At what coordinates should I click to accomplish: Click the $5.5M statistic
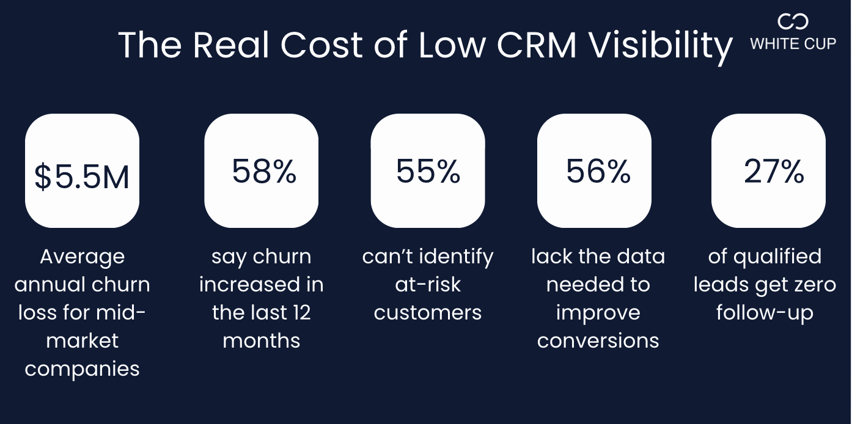(x=82, y=177)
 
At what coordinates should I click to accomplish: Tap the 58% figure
(x=264, y=171)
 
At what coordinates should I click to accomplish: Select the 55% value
(x=428, y=171)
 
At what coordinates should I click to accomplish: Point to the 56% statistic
(x=598, y=171)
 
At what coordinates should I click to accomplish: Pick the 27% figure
(x=774, y=172)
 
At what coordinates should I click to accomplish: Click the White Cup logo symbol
(x=793, y=22)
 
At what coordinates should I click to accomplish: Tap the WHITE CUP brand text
(x=793, y=44)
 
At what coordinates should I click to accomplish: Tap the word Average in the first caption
(x=82, y=257)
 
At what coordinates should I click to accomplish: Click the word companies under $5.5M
(x=82, y=369)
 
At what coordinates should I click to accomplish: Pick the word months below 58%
(x=262, y=341)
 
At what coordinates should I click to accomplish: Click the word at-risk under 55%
(x=428, y=285)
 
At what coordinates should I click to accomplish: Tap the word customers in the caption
(x=428, y=313)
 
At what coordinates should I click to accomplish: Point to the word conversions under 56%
(x=598, y=341)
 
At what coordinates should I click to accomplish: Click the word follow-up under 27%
(x=765, y=313)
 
